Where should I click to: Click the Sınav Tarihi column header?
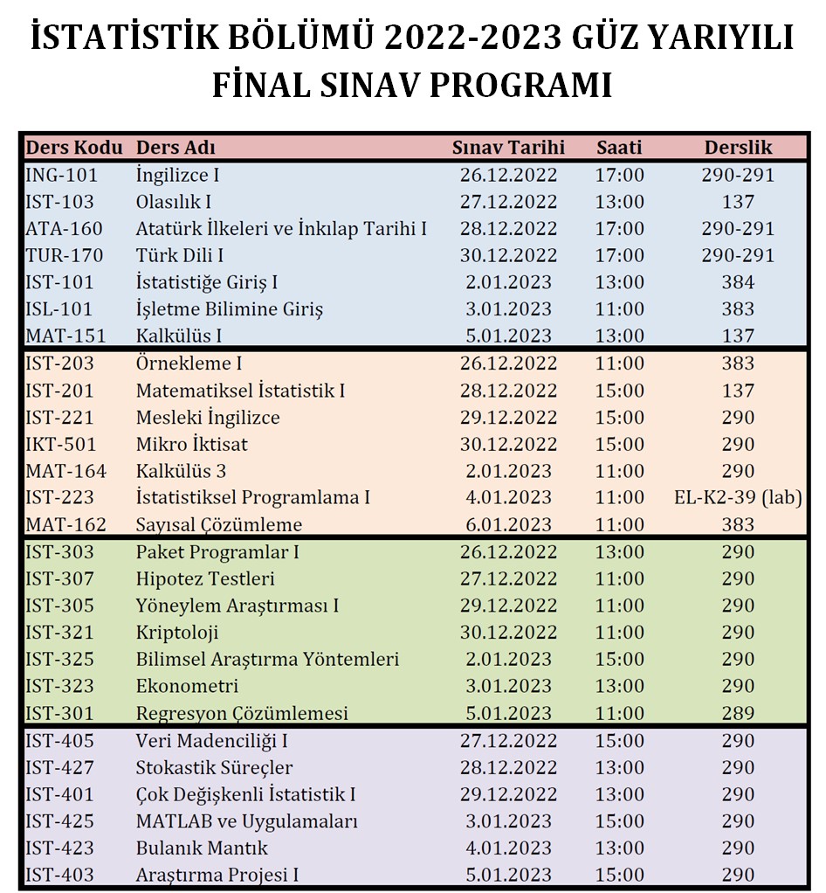tap(508, 148)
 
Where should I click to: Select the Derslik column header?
tap(738, 148)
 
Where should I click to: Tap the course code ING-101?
tap(62, 175)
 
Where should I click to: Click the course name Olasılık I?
tap(174, 202)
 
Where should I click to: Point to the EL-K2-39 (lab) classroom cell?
tap(738, 498)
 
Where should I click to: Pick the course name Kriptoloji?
tap(177, 633)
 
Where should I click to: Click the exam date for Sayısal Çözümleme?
tap(508, 525)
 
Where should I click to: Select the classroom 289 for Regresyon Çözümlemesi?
tap(738, 714)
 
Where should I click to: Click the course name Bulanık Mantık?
tap(202, 848)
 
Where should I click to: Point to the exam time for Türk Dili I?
tap(619, 256)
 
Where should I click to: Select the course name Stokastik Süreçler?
tap(214, 768)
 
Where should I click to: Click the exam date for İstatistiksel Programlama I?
tap(508, 498)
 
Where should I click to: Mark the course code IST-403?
tap(60, 875)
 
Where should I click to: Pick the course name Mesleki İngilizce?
tap(208, 418)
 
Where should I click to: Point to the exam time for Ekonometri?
tap(619, 687)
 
